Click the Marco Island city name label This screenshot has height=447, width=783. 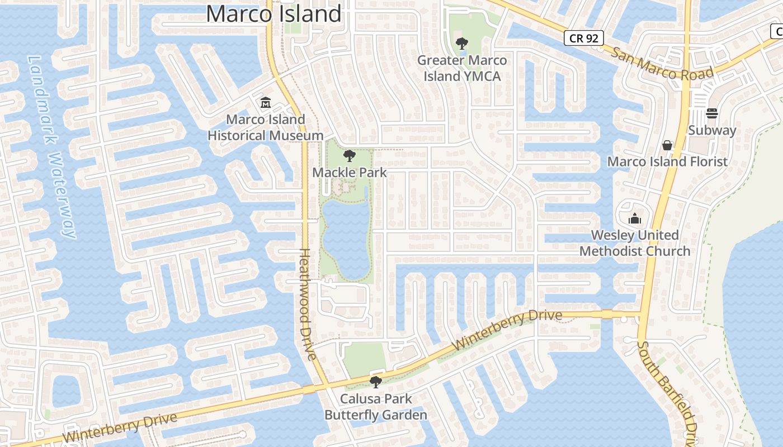[273, 13]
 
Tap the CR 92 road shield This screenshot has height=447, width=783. [583, 38]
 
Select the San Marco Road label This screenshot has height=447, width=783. [663, 65]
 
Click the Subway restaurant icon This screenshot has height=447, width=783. [712, 113]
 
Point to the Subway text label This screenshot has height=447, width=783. [712, 130]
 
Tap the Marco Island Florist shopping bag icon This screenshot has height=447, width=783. [667, 145]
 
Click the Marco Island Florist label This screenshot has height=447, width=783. [667, 161]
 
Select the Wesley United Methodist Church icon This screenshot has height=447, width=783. [635, 218]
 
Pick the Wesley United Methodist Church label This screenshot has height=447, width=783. [635, 243]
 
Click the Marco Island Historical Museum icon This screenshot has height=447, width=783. [265, 103]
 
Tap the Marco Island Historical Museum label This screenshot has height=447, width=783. [266, 127]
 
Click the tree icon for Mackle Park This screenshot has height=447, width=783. [350, 156]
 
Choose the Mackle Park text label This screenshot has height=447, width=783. [350, 172]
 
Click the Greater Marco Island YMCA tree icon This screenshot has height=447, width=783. [461, 44]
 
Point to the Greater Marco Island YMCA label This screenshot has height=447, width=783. [462, 68]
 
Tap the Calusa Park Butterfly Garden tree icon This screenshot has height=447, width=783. [376, 382]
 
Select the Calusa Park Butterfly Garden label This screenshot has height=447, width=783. [376, 407]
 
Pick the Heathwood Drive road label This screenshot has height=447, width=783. [307, 305]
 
